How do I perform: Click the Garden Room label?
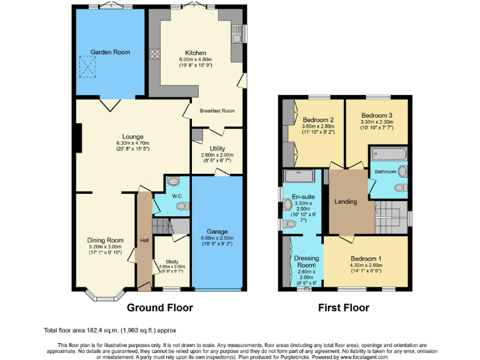(x=110, y=52)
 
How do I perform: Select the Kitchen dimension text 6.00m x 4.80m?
(x=196, y=59)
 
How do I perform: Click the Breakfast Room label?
(x=217, y=111)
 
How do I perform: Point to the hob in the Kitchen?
(x=153, y=53)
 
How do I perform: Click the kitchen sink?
(x=236, y=36)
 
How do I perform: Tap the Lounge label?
(x=132, y=137)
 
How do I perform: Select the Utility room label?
(x=217, y=148)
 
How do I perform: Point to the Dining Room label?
(x=105, y=240)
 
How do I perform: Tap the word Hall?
(x=144, y=240)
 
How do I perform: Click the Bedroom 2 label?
(x=317, y=119)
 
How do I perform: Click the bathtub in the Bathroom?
(x=389, y=154)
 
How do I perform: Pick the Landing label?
(x=346, y=201)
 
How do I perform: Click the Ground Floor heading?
(x=160, y=307)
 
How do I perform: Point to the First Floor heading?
(x=344, y=307)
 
